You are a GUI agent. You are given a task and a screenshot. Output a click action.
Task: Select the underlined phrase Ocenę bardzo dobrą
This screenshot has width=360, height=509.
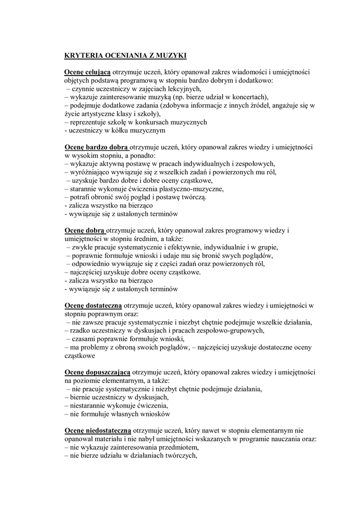tap(96, 147)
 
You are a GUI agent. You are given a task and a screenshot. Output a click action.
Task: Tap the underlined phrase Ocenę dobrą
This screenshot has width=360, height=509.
tap(85, 231)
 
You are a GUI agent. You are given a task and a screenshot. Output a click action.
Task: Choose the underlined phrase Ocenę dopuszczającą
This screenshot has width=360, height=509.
tap(97, 372)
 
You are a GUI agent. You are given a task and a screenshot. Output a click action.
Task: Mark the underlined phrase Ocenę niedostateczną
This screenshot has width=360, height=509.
tap(97, 431)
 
